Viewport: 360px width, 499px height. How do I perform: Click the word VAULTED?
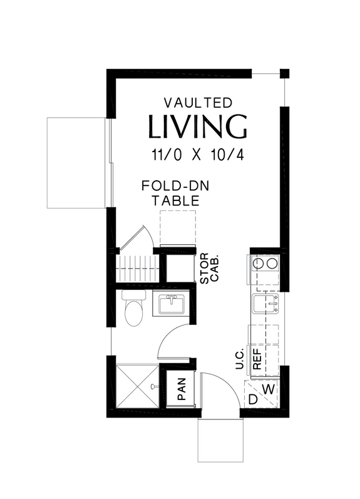198,103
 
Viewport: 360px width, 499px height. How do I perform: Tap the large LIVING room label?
197,126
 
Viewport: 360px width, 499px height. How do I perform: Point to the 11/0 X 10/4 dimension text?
198,155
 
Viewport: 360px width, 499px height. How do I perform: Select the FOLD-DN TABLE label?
175,193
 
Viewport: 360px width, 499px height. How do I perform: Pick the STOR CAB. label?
209,268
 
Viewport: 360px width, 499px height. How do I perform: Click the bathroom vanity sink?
172,303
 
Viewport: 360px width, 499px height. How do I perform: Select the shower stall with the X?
137,386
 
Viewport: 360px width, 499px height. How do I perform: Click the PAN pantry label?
182,389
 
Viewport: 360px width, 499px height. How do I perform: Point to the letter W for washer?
269,389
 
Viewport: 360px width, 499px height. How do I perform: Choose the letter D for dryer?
253,399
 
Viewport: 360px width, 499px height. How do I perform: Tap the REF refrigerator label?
257,359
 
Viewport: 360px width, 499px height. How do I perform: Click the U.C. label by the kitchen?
239,358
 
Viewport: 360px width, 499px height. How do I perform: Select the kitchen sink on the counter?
265,304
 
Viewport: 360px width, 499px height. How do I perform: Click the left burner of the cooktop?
257,264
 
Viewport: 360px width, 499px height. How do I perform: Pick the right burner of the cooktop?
272,264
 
